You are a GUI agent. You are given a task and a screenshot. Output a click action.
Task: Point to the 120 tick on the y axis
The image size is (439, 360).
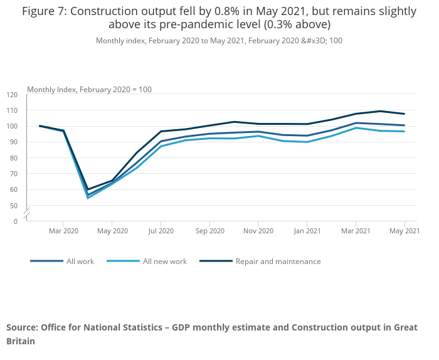pyautogui.click(x=13, y=95)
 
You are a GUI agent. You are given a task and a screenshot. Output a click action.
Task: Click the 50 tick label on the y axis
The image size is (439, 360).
pyautogui.click(x=14, y=206)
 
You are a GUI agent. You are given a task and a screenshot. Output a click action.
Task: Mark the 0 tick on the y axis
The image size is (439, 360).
pyautogui.click(x=15, y=221)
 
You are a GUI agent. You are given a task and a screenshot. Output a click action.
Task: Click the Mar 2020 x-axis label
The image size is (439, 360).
pyautogui.click(x=63, y=231)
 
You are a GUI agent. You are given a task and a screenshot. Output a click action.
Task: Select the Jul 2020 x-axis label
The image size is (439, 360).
pyautogui.click(x=161, y=231)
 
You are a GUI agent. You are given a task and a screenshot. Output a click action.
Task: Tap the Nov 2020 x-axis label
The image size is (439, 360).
pyautogui.click(x=258, y=231)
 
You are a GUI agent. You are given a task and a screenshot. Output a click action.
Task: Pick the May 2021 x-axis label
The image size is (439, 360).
pyautogui.click(x=405, y=231)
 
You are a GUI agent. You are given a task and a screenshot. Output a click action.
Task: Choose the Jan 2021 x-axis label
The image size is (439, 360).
pyautogui.click(x=307, y=231)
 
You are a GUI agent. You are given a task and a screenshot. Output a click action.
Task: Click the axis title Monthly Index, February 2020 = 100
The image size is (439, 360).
pyautogui.click(x=89, y=90)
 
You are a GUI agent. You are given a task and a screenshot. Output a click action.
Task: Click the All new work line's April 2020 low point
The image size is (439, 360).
pyautogui.click(x=88, y=198)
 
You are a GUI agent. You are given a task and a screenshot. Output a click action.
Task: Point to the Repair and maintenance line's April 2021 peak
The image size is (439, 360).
pyautogui.click(x=380, y=111)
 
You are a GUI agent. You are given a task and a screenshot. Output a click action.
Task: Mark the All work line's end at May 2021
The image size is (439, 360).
pyautogui.click(x=405, y=125)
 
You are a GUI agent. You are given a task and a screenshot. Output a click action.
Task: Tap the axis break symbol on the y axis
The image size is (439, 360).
pyautogui.click(x=27, y=213)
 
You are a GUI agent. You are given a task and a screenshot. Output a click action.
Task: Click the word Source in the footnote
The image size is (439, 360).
pyautogui.click(x=21, y=327)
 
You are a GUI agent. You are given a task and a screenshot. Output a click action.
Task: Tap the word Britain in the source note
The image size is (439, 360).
pyautogui.click(x=21, y=342)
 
